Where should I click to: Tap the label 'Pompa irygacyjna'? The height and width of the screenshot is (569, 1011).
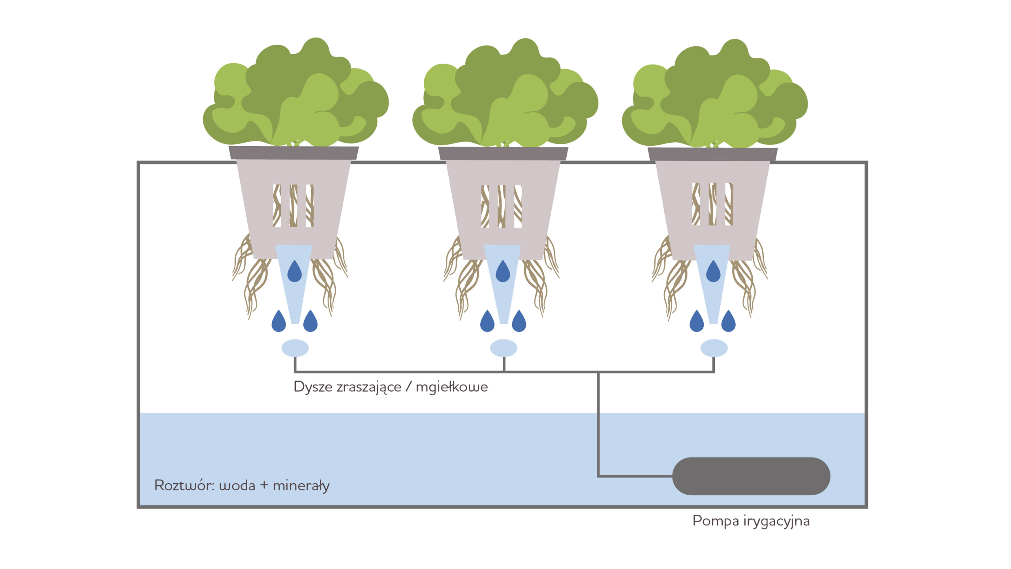[751, 521]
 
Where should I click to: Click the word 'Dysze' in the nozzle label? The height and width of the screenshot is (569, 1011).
[313, 386]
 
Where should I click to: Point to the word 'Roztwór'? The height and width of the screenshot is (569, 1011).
[184, 485]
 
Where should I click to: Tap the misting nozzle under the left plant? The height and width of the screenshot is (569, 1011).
[295, 348]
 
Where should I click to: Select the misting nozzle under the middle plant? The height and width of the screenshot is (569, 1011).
[504, 348]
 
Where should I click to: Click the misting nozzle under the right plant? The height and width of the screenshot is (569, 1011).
[714, 348]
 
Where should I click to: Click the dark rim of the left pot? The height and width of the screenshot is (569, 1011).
[294, 153]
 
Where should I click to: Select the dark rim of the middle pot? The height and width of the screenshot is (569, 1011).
[503, 154]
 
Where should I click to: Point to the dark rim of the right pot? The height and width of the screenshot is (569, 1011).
[712, 154]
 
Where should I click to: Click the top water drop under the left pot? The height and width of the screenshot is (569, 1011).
[295, 272]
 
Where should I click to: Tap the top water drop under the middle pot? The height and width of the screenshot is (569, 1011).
[503, 272]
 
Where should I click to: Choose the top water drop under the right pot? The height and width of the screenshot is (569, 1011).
[713, 272]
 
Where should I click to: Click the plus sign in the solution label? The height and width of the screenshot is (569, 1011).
[264, 485]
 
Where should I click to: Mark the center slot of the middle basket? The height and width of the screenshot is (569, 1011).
[502, 206]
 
